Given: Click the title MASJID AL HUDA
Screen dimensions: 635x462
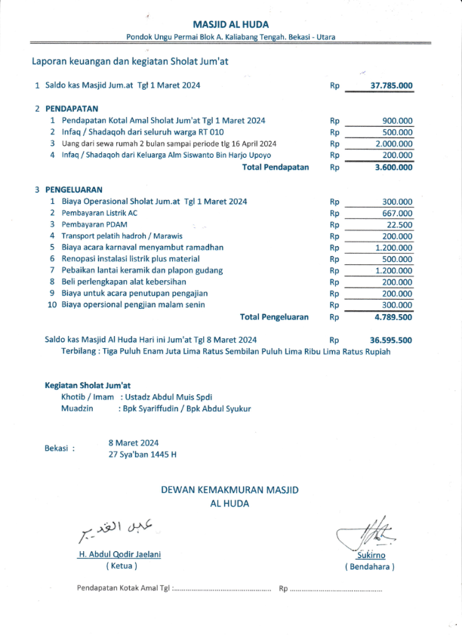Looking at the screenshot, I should (230, 24).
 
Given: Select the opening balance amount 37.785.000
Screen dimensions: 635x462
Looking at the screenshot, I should (391, 86).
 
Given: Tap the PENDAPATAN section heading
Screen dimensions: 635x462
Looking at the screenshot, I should (72, 108).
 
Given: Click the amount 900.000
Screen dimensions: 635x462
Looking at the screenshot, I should (397, 121).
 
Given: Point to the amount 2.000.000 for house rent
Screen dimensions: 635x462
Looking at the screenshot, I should (394, 143).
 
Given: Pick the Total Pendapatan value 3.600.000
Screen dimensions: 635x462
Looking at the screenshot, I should (393, 167).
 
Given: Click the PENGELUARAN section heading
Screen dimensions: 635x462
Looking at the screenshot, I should (74, 190).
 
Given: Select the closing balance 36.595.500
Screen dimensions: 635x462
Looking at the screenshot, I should (391, 340).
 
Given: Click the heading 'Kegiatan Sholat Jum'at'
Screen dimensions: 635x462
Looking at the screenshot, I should (88, 385).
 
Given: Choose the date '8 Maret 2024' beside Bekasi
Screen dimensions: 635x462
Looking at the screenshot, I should (134, 443).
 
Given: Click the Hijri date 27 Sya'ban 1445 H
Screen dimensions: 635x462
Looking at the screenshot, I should (143, 455).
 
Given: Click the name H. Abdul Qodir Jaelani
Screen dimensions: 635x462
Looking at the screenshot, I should (119, 554).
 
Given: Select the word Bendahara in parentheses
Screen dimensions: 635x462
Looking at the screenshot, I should (370, 566).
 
